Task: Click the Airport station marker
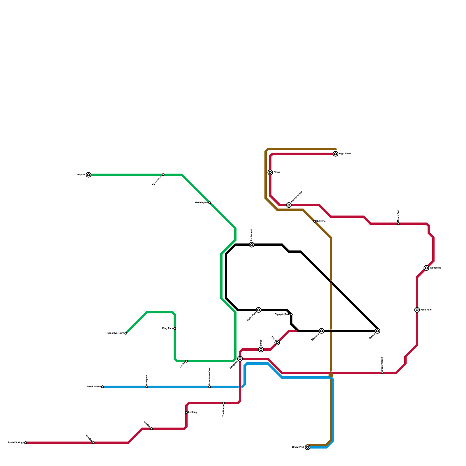(89, 175)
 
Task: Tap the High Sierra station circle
(336, 154)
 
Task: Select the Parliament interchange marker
(252, 245)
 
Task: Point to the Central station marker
(377, 331)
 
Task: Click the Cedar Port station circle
(308, 447)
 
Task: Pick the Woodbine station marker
(426, 268)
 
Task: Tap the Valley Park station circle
(259, 310)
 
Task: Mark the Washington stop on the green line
(210, 203)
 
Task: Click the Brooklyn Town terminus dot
(126, 333)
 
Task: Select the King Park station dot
(175, 329)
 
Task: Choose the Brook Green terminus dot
(103, 387)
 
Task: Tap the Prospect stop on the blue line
(147, 387)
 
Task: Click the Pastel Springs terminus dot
(26, 443)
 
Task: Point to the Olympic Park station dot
(291, 315)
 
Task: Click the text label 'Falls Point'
(426, 310)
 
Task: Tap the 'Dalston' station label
(321, 221)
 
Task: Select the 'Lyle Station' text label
(157, 181)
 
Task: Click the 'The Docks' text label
(224, 411)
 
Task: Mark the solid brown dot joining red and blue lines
(331, 375)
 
